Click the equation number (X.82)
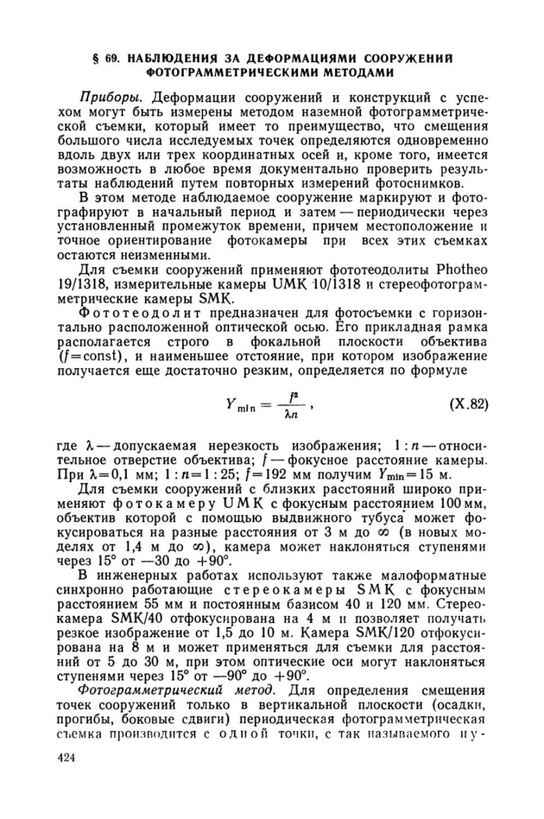(469, 404)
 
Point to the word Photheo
(455, 269)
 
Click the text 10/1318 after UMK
(338, 283)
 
